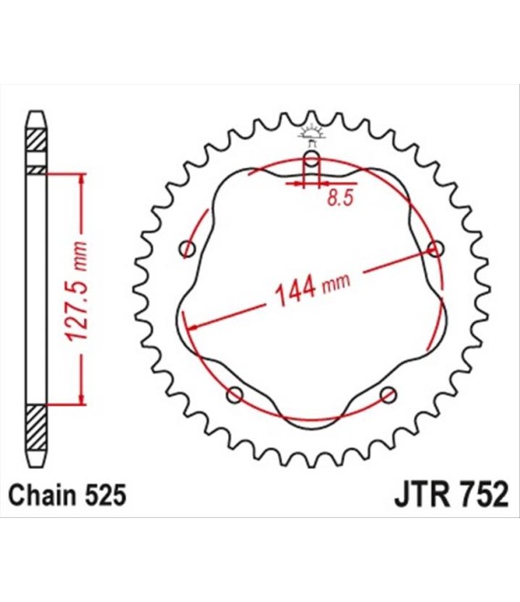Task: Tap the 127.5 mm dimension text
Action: [76, 292]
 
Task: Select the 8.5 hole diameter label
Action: [340, 198]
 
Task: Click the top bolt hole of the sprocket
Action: [311, 159]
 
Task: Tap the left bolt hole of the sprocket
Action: [187, 249]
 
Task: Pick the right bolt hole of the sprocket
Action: [436, 249]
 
